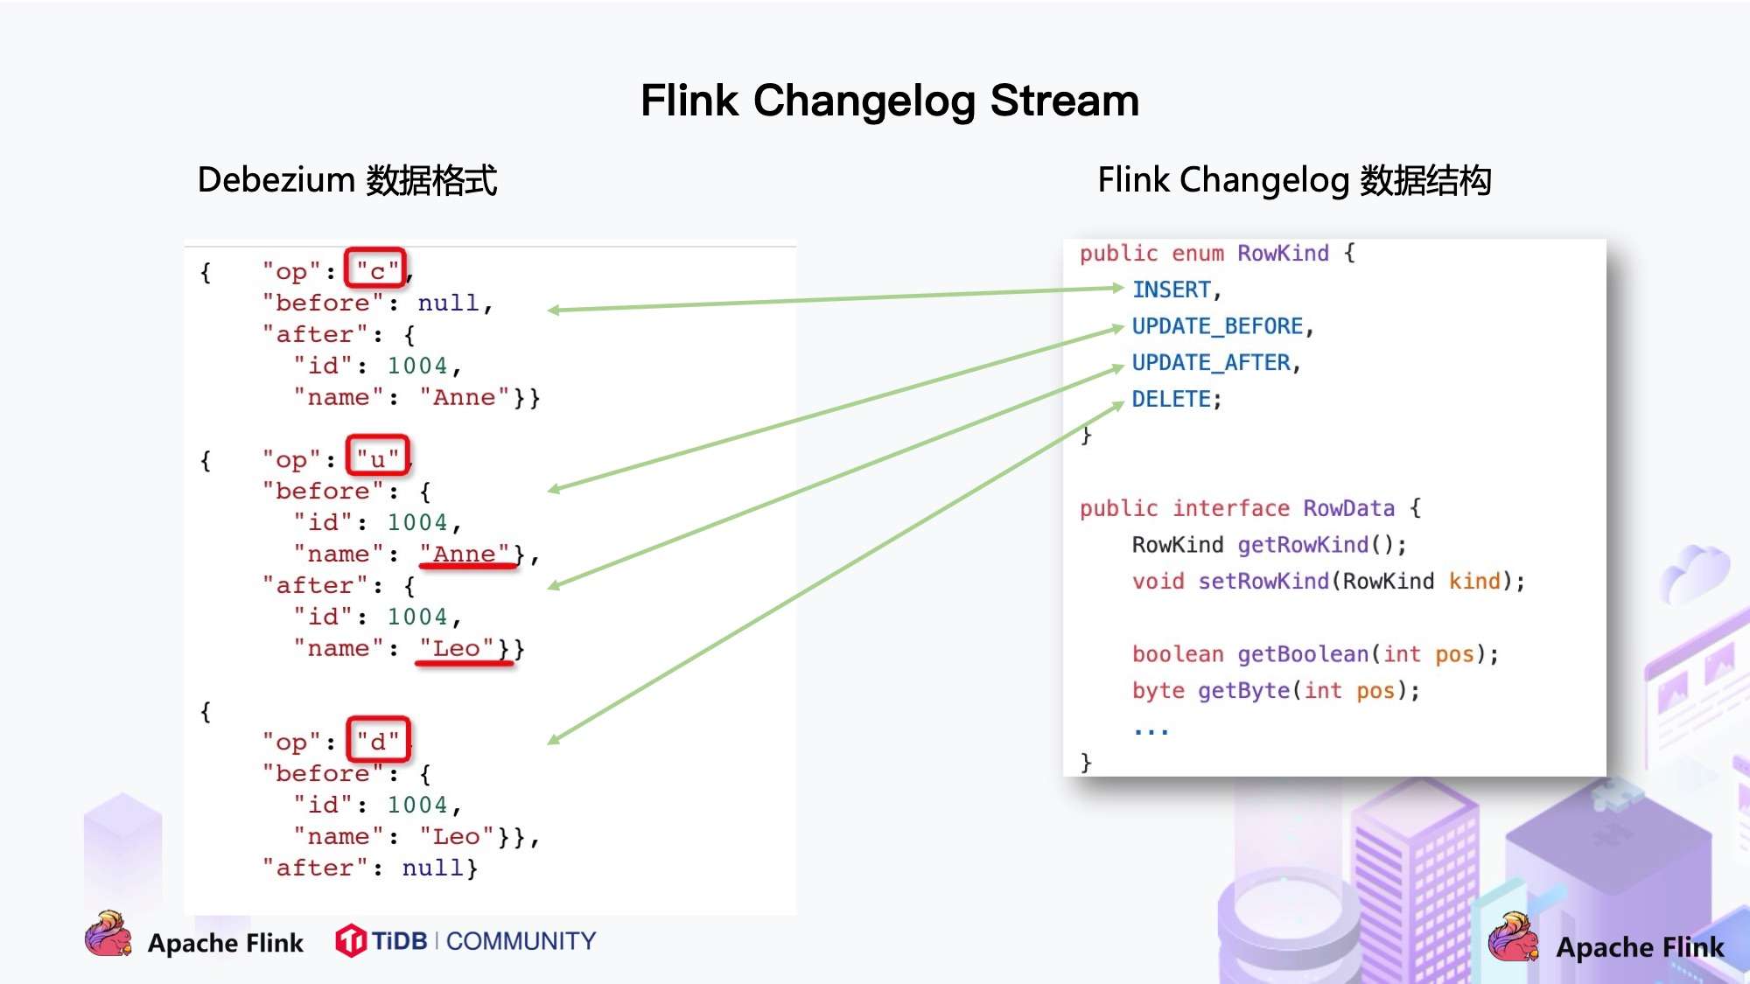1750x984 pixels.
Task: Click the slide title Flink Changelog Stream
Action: tap(889, 101)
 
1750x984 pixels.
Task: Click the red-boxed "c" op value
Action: tap(376, 270)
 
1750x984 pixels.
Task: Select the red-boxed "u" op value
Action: tap(377, 457)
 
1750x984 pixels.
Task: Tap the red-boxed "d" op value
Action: tap(378, 741)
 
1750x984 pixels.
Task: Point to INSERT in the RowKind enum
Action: tap(1171, 290)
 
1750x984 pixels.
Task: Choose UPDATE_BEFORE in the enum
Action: tap(1217, 326)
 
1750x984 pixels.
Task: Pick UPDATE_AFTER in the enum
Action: tap(1211, 363)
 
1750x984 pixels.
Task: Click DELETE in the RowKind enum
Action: tap(1171, 400)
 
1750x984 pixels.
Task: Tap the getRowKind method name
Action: tap(1302, 545)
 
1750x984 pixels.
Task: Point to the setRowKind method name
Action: tap(1263, 582)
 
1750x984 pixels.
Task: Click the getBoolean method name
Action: tap(1302, 654)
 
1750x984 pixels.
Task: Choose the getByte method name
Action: tap(1243, 691)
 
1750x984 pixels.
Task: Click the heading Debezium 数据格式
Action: tap(346, 180)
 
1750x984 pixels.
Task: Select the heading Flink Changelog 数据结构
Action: tap(1294, 180)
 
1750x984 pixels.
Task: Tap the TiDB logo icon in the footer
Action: tap(351, 941)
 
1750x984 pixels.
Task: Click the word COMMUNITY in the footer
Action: tap(521, 941)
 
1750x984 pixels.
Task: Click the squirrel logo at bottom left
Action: tap(108, 934)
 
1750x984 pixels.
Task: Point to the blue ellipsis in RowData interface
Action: tap(1151, 729)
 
